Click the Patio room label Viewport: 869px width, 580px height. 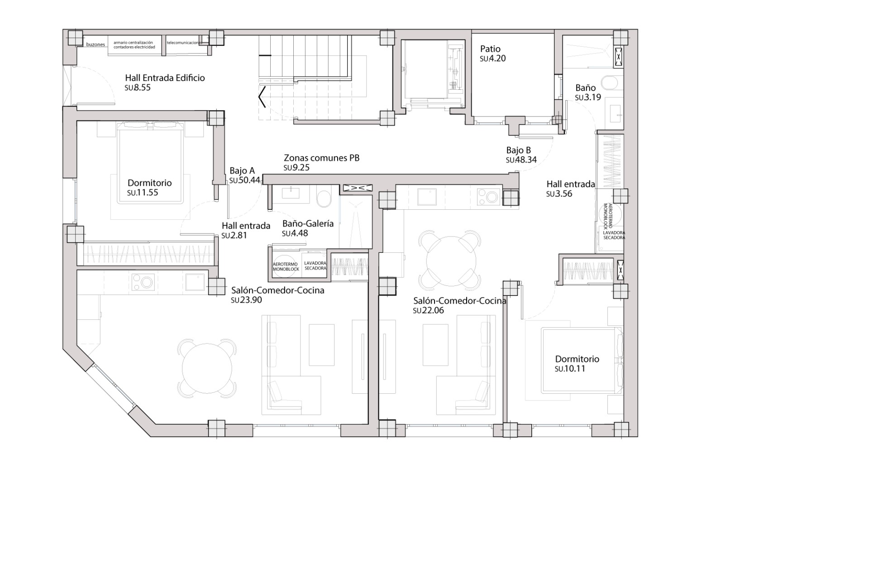pos(490,49)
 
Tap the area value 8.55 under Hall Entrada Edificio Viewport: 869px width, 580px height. pos(142,87)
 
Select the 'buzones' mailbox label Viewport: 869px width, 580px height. pos(95,45)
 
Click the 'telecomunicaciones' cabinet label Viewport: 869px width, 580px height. pos(183,43)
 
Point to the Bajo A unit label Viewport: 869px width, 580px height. pos(242,171)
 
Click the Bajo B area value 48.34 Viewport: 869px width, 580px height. pos(525,160)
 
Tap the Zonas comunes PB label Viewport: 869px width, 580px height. pos(321,158)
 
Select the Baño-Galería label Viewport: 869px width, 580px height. pos(308,223)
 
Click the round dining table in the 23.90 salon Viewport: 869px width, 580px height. pos(207,368)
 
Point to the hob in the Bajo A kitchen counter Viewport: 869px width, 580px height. pos(143,282)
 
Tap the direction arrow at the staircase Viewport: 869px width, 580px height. pos(262,97)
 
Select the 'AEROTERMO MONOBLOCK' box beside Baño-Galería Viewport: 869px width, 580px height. pos(286,266)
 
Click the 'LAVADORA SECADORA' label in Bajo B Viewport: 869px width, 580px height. pos(614,235)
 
